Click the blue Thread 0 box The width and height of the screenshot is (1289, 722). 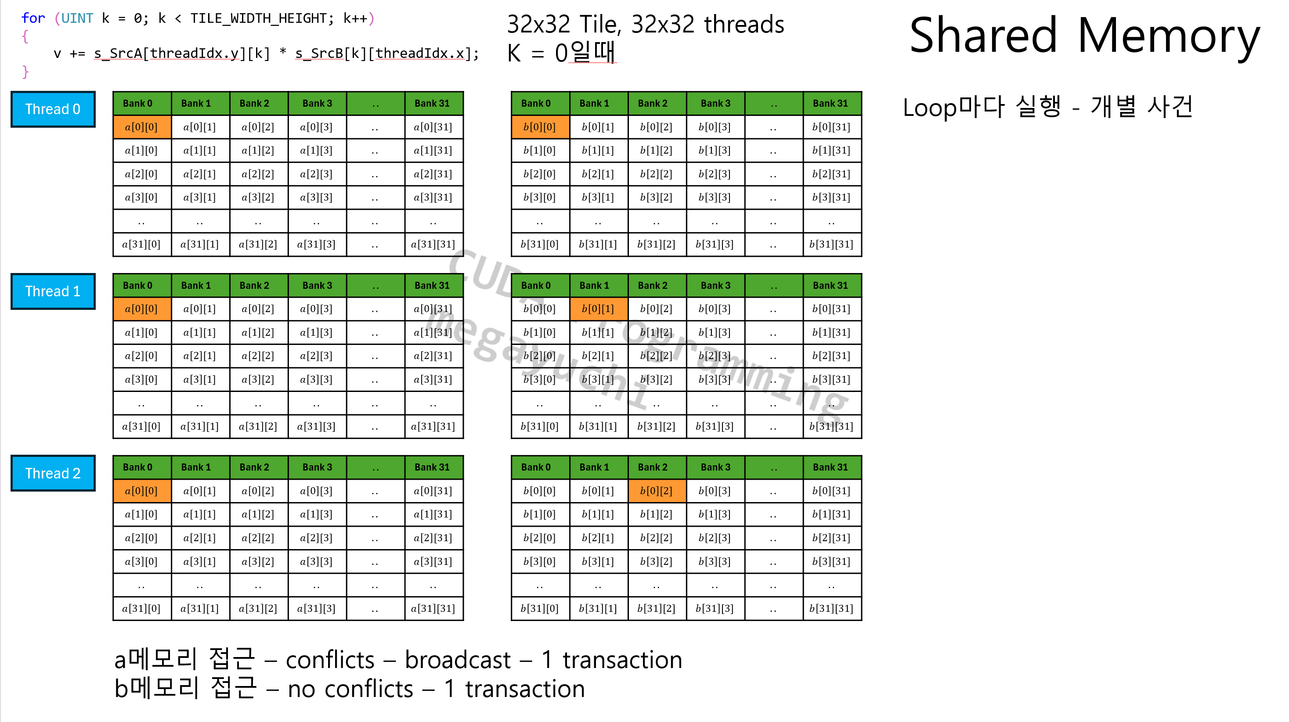coord(53,109)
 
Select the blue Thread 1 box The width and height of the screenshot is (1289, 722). coord(53,291)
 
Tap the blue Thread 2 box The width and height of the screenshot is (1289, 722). coord(53,473)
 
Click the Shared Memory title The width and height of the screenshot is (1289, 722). coord(1084,36)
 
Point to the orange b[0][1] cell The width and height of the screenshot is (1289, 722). coord(599,309)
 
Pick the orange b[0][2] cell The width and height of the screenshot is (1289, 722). coord(657,491)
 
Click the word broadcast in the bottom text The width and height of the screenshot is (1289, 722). coord(458,660)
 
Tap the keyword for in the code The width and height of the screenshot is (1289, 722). coord(33,18)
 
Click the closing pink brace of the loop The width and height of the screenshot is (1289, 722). coord(25,72)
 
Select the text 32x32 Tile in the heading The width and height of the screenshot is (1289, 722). coord(564,25)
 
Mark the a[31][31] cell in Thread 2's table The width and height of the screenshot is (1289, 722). coord(433,608)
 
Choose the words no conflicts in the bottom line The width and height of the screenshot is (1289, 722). coord(350,689)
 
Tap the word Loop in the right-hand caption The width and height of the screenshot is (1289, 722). coord(929,107)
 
